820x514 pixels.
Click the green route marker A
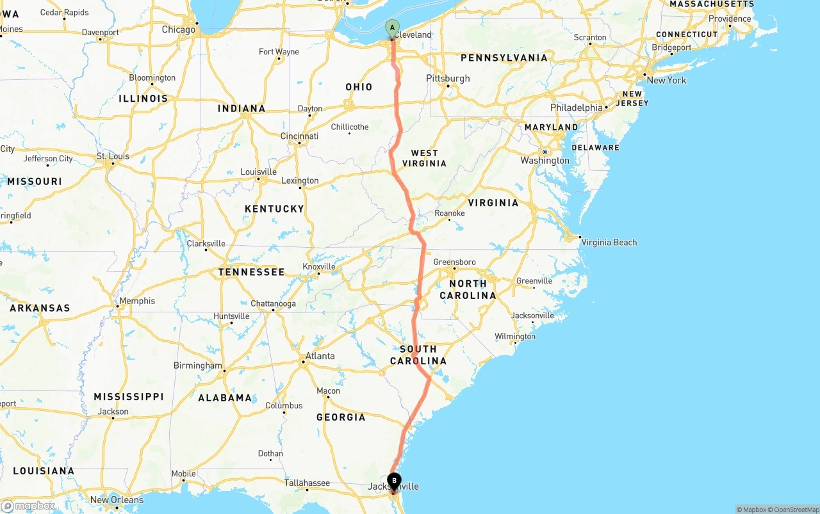(392, 28)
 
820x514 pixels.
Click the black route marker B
(394, 481)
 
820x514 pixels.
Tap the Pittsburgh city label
(448, 78)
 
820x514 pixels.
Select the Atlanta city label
(320, 356)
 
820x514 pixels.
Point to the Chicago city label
(178, 29)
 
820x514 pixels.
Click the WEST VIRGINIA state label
(424, 158)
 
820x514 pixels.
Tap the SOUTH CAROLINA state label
(418, 355)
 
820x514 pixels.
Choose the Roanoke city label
(449, 213)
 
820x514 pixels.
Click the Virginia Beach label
(609, 242)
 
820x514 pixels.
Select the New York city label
(666, 80)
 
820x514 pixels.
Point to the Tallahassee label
(307, 483)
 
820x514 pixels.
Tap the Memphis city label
(137, 301)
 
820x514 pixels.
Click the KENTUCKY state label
(274, 209)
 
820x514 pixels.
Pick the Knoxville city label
(319, 266)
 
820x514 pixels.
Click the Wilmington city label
(514, 336)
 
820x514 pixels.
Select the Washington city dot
(545, 152)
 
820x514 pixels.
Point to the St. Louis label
(113, 156)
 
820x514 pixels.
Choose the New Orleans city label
(117, 500)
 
